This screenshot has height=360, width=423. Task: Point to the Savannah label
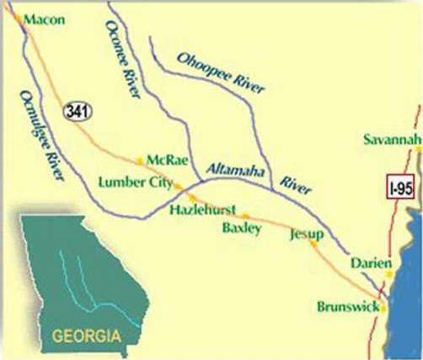pos(392,139)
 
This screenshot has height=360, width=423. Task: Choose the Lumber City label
pos(135,182)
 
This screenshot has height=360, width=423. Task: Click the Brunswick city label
pos(347,307)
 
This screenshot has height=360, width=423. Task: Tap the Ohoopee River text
pos(222,73)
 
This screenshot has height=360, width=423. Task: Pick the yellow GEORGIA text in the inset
pos(87,335)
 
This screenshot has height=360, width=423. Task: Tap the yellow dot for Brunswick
pos(383,309)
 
